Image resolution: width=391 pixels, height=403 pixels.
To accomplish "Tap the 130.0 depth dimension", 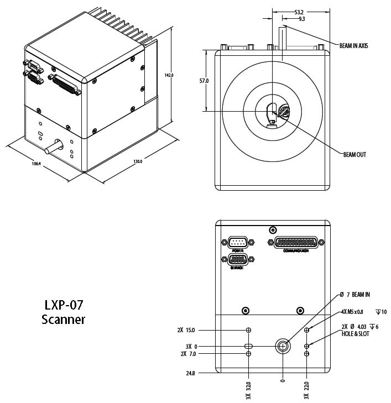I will [x=138, y=161].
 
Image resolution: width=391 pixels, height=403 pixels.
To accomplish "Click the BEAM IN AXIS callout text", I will [x=353, y=45].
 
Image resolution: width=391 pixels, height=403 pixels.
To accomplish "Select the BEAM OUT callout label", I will [x=354, y=155].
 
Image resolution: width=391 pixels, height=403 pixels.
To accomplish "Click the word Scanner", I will [x=63, y=319].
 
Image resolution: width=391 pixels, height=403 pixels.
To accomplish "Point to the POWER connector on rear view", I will [x=238, y=243].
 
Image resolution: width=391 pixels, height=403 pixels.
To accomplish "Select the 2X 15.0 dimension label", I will [x=187, y=330].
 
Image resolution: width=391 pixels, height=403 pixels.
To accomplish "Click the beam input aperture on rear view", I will [x=283, y=346].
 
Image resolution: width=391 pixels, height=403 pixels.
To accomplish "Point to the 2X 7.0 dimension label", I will [x=188, y=354].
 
